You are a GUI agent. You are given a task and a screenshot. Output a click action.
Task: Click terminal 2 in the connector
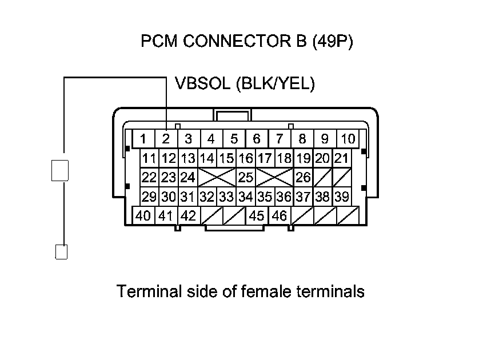(166, 139)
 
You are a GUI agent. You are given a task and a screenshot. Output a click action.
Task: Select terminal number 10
(348, 139)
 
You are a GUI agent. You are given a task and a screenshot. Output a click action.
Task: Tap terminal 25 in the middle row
(246, 178)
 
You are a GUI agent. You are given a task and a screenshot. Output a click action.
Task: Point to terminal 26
(304, 178)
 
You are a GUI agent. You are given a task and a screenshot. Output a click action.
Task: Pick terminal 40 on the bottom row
(143, 217)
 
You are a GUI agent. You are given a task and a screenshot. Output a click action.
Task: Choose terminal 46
(280, 217)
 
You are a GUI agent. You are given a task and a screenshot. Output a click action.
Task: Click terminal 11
(150, 158)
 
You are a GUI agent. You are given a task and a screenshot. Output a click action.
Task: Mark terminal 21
(341, 158)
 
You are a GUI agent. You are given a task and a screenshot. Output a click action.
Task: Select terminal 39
(341, 197)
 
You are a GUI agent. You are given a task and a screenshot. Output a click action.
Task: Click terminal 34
(246, 197)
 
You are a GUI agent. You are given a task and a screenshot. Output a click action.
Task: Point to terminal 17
(265, 158)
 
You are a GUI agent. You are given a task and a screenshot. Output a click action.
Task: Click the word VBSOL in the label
(202, 84)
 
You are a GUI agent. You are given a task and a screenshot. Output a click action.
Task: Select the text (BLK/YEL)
(275, 84)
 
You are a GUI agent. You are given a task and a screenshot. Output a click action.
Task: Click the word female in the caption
(269, 291)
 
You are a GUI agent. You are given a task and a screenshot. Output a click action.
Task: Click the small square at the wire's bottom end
(61, 251)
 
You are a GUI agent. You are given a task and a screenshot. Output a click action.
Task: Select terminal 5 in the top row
(234, 139)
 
